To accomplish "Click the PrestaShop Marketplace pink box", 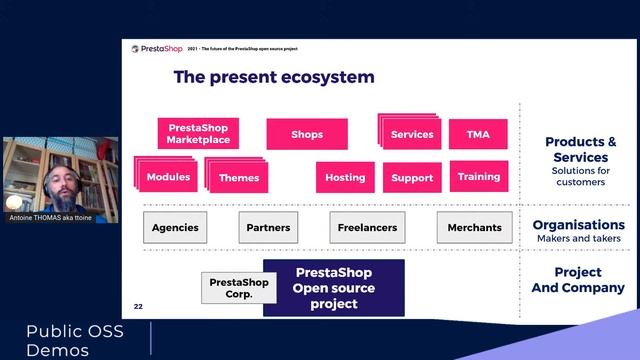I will (x=198, y=133).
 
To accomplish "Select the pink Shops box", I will (x=307, y=134).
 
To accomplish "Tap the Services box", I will (x=411, y=134).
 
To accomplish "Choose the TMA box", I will (x=478, y=134).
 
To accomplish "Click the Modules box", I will (x=168, y=177).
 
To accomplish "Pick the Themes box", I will (x=239, y=177).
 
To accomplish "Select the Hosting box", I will (x=345, y=177).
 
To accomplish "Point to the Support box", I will (x=412, y=177).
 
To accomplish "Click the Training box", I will (x=479, y=176).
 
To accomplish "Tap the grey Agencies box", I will (x=175, y=227).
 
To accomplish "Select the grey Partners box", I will (x=268, y=227).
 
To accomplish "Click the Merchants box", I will (x=474, y=227).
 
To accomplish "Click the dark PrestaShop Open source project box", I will (x=333, y=288).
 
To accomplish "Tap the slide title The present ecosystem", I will (x=274, y=77).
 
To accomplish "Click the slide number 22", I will (x=139, y=305).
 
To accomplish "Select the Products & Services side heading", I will (x=580, y=149).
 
